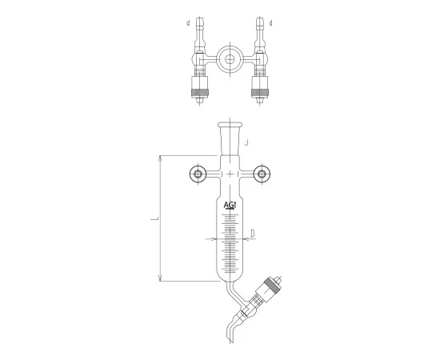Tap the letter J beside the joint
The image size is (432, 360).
point(249,143)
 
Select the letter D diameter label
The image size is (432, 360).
point(253,234)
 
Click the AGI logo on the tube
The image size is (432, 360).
point(230,206)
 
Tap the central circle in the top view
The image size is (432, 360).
point(230,60)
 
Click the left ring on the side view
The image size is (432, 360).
point(198,174)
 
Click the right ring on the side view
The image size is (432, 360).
point(263,174)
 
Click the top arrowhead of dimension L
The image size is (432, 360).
point(162,157)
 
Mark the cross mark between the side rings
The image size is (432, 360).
point(230,174)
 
